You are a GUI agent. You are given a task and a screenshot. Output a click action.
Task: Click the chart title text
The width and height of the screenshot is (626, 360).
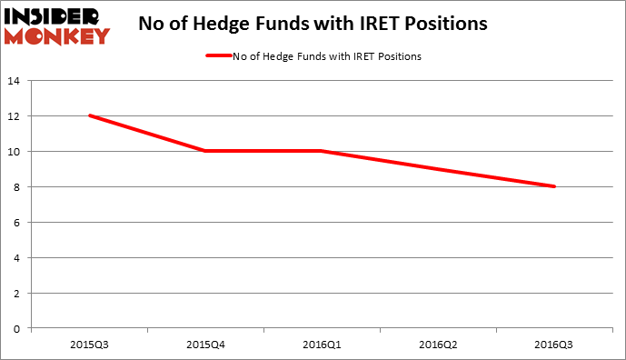click(x=313, y=24)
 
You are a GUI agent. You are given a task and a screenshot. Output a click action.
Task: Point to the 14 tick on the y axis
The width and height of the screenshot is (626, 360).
click(x=15, y=81)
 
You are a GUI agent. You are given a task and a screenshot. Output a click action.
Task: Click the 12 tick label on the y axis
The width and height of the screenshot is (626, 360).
click(x=15, y=116)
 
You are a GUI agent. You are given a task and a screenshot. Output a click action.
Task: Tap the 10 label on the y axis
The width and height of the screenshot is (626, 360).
click(x=15, y=151)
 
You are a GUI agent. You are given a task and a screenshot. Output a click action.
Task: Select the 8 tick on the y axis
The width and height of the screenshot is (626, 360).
click(x=17, y=186)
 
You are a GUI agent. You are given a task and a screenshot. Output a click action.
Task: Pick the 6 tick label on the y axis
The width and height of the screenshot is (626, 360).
click(x=17, y=222)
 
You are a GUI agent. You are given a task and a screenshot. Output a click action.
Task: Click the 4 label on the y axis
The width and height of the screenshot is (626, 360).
click(x=17, y=257)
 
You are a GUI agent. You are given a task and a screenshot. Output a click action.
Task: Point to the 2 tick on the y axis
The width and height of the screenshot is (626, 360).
click(x=17, y=292)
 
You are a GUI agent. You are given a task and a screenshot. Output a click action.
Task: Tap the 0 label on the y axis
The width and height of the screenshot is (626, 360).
click(x=17, y=327)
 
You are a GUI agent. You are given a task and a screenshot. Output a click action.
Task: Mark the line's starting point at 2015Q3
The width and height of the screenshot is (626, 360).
click(x=89, y=115)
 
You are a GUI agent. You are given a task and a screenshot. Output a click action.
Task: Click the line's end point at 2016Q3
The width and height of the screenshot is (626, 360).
click(x=554, y=186)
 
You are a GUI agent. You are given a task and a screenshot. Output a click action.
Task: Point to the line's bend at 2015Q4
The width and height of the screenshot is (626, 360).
click(x=205, y=151)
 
